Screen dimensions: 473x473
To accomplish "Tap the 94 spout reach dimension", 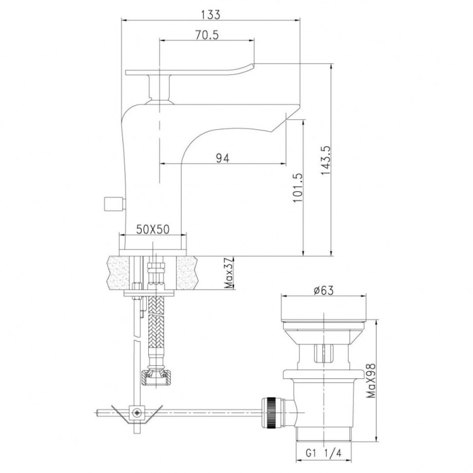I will click(221, 158).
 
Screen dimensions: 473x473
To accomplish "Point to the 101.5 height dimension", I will click(298, 188).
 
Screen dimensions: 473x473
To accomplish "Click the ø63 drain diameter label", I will click(322, 290).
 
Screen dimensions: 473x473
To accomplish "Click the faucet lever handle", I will click(189, 70).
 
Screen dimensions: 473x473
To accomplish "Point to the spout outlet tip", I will click(288, 118).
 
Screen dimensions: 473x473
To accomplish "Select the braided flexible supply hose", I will click(155, 328).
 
